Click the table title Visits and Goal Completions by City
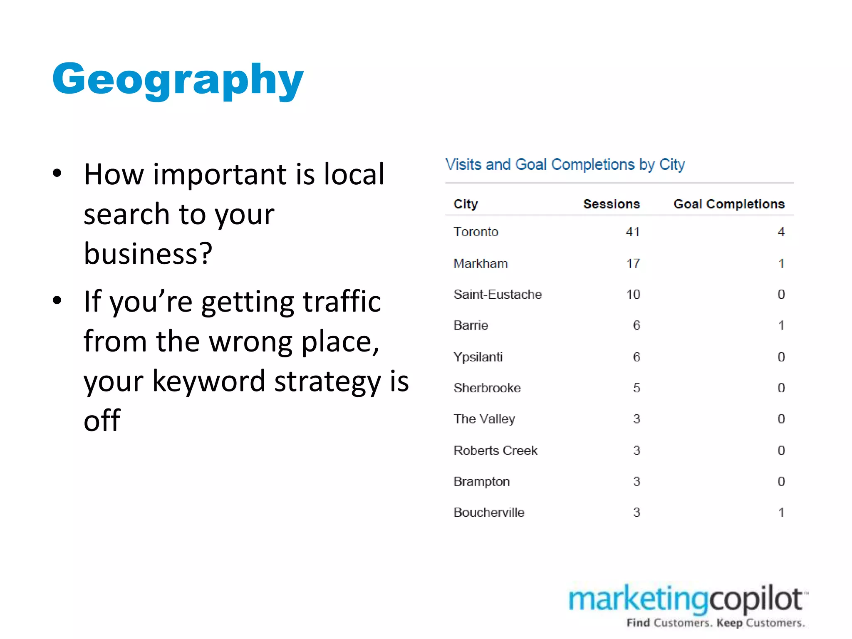tap(565, 165)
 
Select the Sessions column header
tap(611, 204)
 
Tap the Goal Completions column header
tap(729, 204)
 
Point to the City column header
tap(466, 204)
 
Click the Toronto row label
tap(476, 232)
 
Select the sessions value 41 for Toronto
tap(633, 232)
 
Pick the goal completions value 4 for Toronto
tap(781, 232)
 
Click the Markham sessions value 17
tap(633, 263)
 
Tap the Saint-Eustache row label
tap(498, 295)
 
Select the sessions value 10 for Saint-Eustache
tap(633, 295)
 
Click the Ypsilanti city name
tap(478, 357)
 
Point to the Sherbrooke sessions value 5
tap(637, 388)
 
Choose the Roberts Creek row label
tap(495, 451)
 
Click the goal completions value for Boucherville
tap(781, 513)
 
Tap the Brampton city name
tap(481, 482)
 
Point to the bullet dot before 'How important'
tap(57, 173)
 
